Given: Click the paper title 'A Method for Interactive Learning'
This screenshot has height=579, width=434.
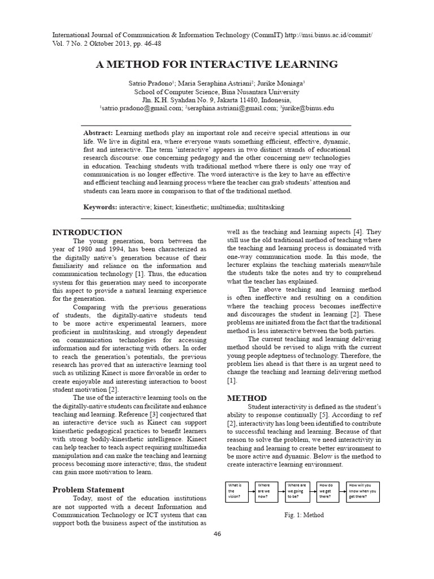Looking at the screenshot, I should (x=216, y=64).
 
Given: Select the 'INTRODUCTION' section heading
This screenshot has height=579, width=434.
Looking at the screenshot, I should (x=87, y=232).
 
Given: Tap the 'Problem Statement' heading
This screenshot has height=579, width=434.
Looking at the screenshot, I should (x=88, y=490).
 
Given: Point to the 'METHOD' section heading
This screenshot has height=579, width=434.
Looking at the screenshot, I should (x=247, y=398).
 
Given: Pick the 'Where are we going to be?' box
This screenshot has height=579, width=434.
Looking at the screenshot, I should (x=297, y=491).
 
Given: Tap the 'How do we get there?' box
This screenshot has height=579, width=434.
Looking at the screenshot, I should (x=328, y=491).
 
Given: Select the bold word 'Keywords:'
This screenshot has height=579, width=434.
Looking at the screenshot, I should (x=100, y=208).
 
